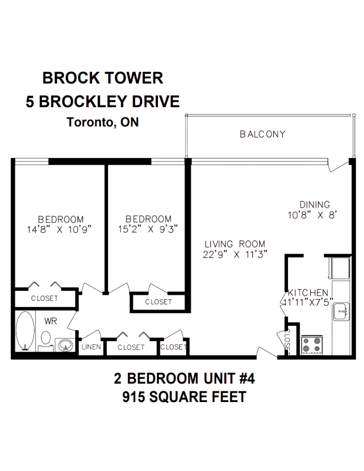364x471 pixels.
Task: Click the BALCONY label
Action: pos(262,134)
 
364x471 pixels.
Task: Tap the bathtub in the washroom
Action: pos(25,331)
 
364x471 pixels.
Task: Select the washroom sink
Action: pos(65,345)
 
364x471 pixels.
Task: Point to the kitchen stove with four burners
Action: pos(312,345)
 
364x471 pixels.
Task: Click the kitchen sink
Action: pos(341,312)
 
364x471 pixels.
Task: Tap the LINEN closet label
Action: pos(91,347)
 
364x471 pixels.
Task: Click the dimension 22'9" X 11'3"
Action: pos(235,255)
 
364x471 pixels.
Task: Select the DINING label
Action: pos(315,205)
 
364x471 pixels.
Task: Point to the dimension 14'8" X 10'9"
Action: pos(59,230)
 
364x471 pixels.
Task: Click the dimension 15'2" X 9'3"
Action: pos(148,229)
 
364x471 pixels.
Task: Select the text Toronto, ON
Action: pos(103,122)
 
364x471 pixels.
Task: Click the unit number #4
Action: pos(247,378)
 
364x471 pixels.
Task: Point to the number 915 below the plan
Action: pos(133,397)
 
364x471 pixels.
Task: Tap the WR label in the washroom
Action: pos(50,321)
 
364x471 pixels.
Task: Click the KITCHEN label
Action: pos(308,293)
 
